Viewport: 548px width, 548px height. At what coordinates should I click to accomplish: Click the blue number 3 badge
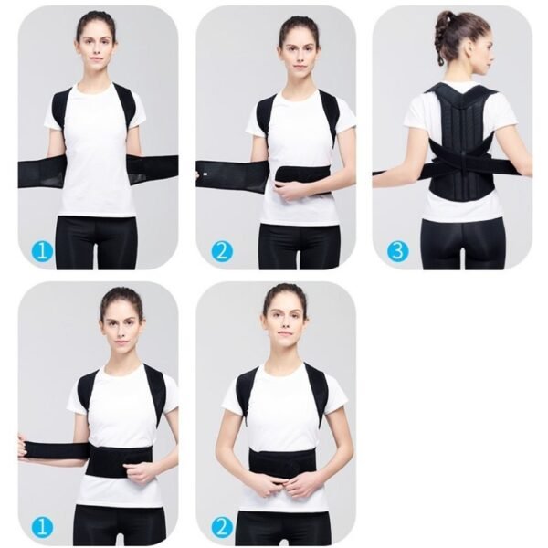(x=397, y=250)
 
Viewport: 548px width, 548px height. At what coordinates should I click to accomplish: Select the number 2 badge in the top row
(x=221, y=250)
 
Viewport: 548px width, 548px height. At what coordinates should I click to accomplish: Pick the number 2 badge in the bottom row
(x=221, y=526)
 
